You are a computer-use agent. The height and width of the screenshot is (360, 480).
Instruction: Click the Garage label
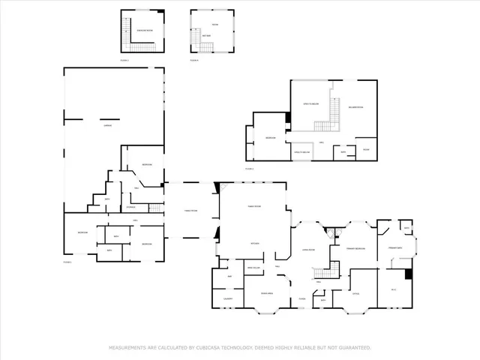coord(97,125)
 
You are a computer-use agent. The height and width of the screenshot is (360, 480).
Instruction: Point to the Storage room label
coord(130,206)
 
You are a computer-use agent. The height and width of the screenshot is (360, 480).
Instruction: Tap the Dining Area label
coord(266,293)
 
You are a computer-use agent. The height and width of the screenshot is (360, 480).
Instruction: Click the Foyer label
coord(301,299)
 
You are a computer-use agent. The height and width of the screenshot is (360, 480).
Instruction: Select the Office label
coord(356,293)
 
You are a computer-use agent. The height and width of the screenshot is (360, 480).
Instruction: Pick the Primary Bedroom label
coord(355,248)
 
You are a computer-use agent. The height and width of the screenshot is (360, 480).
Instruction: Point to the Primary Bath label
coord(395,247)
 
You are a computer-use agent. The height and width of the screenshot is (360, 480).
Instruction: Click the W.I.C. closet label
coord(392,289)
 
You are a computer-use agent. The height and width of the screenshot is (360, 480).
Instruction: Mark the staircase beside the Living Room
coord(321,274)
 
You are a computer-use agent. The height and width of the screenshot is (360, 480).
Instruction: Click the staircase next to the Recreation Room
coord(322,128)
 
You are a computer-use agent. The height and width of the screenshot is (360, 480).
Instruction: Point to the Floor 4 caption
coord(194,59)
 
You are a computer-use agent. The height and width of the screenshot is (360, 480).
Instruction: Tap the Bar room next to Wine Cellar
coord(230,276)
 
